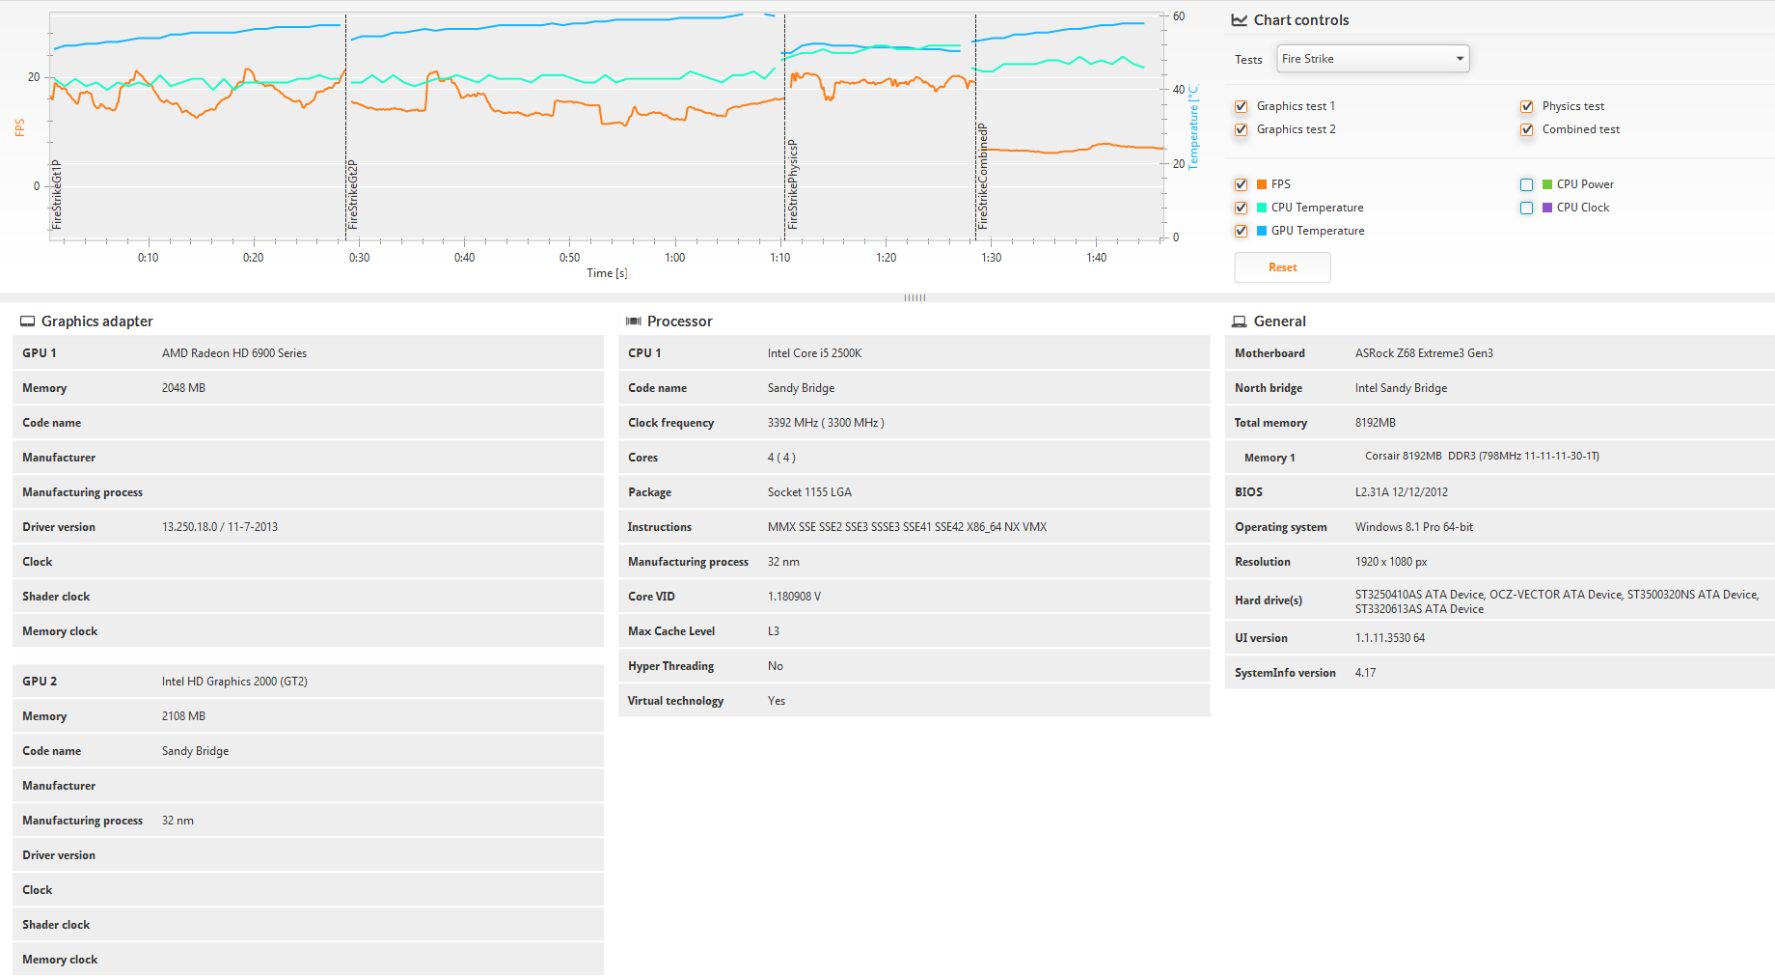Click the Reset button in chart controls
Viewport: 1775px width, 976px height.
click(x=1282, y=267)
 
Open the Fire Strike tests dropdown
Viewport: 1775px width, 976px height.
click(x=1372, y=59)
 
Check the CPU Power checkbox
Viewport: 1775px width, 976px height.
click(x=1526, y=184)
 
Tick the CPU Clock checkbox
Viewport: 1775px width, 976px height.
click(x=1526, y=208)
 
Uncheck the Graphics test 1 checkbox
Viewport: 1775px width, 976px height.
click(x=1241, y=106)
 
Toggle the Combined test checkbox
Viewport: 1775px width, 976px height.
click(x=1526, y=129)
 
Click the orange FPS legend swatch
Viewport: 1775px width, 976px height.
click(x=1262, y=184)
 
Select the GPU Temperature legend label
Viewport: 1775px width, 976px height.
click(x=1317, y=231)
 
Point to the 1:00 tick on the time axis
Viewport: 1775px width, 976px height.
click(x=674, y=258)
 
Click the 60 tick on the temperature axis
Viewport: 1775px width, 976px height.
click(x=1179, y=16)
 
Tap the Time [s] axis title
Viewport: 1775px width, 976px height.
click(x=607, y=273)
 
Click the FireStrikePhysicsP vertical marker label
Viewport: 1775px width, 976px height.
click(x=793, y=183)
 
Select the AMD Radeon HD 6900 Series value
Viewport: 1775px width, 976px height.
click(x=234, y=353)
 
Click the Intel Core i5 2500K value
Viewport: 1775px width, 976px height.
click(x=814, y=353)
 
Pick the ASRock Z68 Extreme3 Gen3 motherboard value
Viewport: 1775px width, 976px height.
click(x=1423, y=353)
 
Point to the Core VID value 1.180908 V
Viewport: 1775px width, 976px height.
click(x=794, y=597)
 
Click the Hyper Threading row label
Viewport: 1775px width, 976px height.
click(x=670, y=666)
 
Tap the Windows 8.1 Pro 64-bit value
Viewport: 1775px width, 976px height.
click(x=1413, y=527)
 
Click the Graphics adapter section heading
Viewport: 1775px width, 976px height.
click(x=96, y=321)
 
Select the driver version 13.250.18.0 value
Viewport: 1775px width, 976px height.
click(x=219, y=527)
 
